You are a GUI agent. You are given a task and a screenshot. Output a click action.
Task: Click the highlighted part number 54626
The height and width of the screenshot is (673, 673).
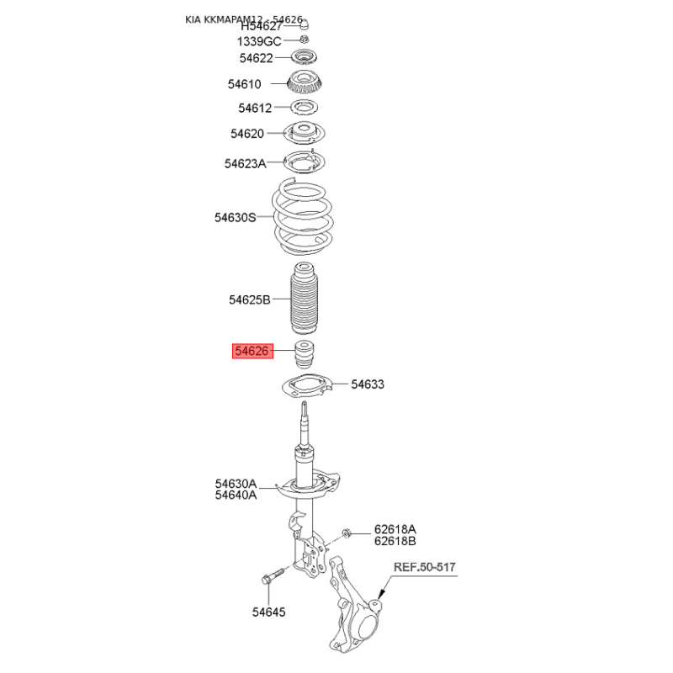pos(252,351)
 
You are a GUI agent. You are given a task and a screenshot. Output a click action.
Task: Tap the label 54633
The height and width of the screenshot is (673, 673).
pos(368,384)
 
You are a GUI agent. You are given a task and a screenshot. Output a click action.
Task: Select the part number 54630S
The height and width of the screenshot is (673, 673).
pos(236,218)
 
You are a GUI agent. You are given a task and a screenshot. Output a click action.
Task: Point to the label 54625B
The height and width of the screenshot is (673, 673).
pos(249,299)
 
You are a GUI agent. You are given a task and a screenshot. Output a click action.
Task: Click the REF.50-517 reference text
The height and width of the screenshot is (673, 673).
pos(425,567)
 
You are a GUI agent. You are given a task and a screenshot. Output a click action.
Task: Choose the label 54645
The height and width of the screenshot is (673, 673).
pos(268,612)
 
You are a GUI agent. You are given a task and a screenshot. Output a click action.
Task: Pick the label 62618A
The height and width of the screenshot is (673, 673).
pos(395,529)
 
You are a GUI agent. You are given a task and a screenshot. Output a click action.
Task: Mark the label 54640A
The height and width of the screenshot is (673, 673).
pos(236,495)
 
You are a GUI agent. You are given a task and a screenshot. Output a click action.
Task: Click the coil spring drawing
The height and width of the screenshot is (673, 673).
pos(302,217)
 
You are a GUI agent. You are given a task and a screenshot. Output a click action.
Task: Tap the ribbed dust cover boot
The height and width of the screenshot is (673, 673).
pos(304,299)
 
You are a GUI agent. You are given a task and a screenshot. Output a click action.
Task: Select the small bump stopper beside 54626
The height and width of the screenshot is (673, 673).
pos(304,354)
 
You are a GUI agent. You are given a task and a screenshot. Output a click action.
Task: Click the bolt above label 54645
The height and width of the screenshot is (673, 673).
pos(272,575)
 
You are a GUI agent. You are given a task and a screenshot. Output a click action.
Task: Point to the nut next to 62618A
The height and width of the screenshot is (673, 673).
pos(347,534)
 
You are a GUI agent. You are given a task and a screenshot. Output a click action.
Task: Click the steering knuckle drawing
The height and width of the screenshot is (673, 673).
pos(355,604)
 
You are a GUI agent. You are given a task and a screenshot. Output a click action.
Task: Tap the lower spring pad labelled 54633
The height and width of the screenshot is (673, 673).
pos(307,386)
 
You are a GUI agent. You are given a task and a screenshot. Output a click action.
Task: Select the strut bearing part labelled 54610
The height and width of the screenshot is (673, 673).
pos(305,82)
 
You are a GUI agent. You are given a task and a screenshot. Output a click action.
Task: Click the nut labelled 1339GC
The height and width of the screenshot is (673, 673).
pos(304,40)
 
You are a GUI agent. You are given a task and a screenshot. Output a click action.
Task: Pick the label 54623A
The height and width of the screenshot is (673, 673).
pos(245,163)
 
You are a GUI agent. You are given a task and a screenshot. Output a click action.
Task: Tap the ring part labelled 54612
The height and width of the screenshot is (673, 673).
pos(305,108)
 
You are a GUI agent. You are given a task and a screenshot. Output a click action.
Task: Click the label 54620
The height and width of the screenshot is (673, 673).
pos(247,134)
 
